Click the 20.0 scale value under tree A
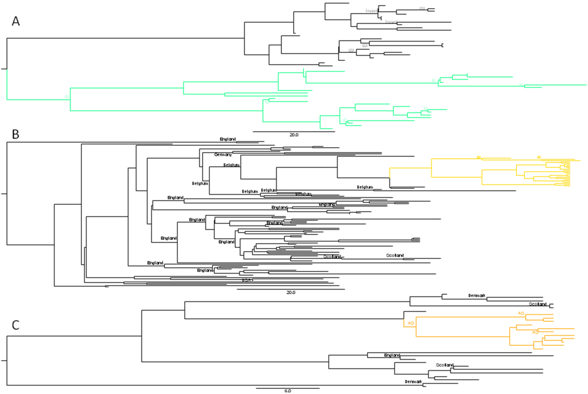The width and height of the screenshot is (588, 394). pyautogui.click(x=294, y=135)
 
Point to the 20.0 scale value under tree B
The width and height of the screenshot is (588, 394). pyautogui.click(x=291, y=292)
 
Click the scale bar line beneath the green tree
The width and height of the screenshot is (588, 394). pyautogui.click(x=294, y=131)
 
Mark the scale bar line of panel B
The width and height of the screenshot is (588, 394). pyautogui.click(x=291, y=289)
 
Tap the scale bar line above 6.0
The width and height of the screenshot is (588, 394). pyautogui.click(x=288, y=388)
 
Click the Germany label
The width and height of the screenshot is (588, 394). pyautogui.click(x=223, y=155)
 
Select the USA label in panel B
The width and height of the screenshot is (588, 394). pyautogui.click(x=247, y=280)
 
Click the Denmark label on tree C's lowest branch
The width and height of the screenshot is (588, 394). pyautogui.click(x=413, y=382)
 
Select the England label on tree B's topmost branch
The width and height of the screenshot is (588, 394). pyautogui.click(x=228, y=139)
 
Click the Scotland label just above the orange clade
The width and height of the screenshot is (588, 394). pyautogui.click(x=538, y=304)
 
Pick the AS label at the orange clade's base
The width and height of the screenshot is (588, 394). pyautogui.click(x=411, y=323)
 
